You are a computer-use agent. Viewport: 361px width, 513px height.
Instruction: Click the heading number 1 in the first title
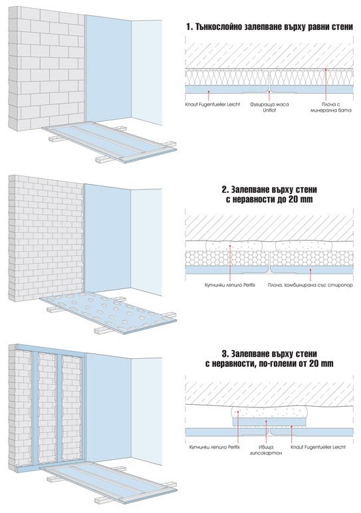[x=189, y=27]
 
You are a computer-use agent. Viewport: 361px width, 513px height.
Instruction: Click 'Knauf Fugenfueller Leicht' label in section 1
[x=211, y=104]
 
